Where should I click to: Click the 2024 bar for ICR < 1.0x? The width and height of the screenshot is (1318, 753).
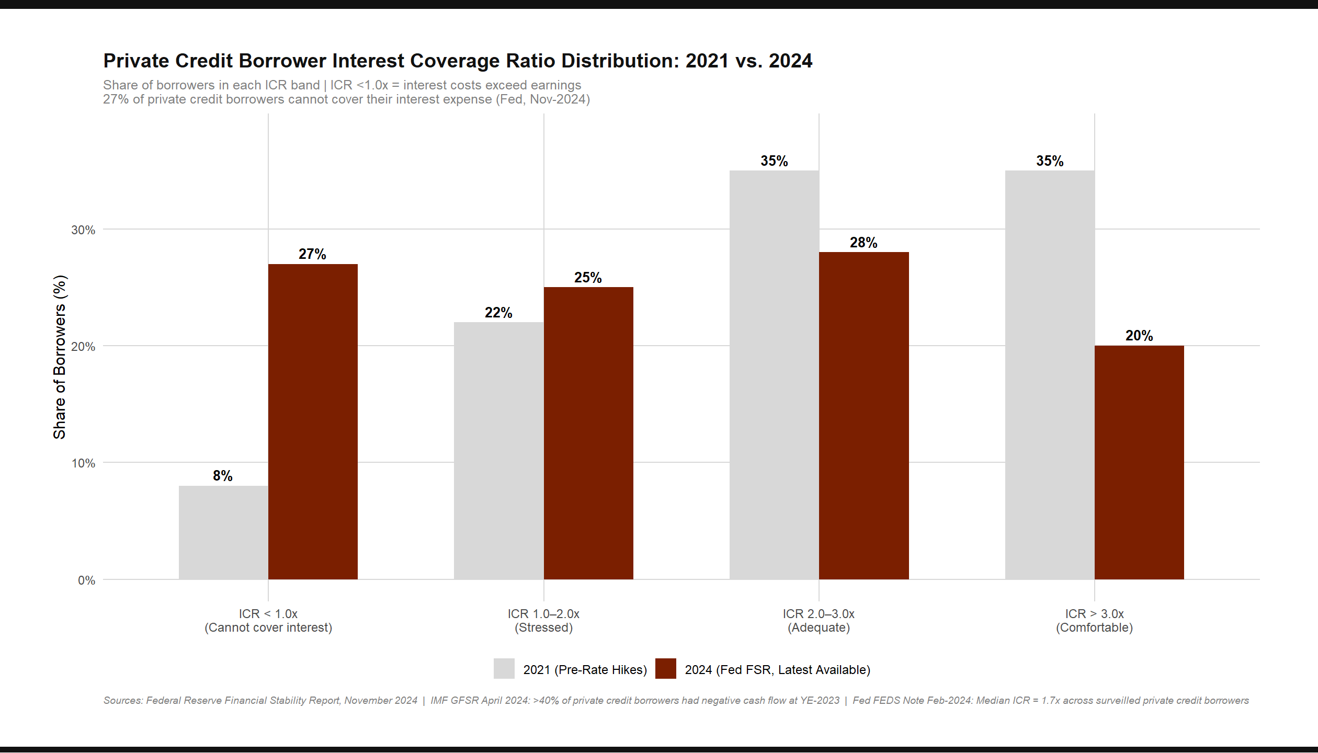click(x=313, y=421)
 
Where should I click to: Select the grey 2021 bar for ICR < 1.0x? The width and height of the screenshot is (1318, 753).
click(x=223, y=532)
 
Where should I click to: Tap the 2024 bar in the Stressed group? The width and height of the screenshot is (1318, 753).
click(x=588, y=433)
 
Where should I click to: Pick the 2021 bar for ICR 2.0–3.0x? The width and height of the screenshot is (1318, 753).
click(x=774, y=374)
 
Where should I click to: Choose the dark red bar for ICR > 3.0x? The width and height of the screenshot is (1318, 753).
click(x=1139, y=462)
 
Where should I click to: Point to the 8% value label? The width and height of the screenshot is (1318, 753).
click(x=223, y=476)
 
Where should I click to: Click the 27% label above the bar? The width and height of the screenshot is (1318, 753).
click(x=312, y=254)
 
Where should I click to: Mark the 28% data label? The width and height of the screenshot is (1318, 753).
click(x=863, y=243)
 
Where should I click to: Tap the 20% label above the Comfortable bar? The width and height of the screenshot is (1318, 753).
click(x=1139, y=336)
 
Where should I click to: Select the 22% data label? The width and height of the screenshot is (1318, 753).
click(x=498, y=313)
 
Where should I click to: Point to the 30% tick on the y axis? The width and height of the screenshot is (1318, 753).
click(x=83, y=230)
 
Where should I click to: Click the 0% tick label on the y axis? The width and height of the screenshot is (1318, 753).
click(x=86, y=580)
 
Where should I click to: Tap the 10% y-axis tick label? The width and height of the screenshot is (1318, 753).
click(x=83, y=463)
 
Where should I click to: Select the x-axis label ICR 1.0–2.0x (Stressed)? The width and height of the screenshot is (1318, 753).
click(x=543, y=621)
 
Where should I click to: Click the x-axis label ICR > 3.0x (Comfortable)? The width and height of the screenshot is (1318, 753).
click(x=1094, y=621)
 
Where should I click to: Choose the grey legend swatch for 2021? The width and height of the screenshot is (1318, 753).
click(x=504, y=669)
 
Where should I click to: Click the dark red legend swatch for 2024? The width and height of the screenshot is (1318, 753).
click(x=665, y=669)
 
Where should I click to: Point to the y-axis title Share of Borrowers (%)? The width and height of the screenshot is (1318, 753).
click(x=60, y=357)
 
